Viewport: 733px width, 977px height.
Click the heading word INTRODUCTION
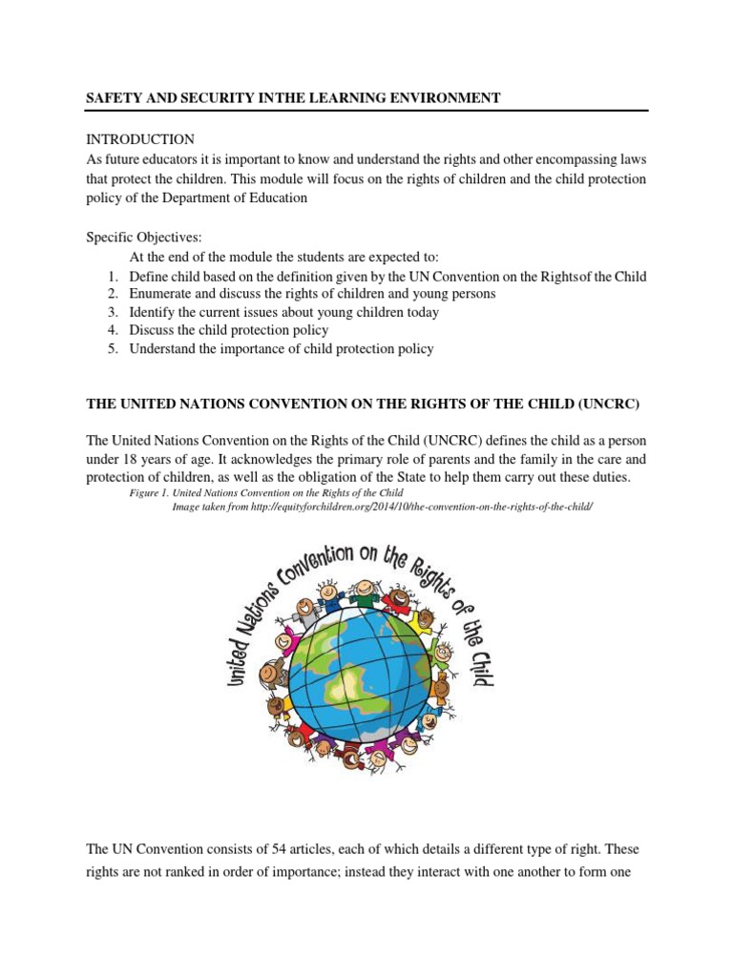[140, 139]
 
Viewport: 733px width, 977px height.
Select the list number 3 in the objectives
[112, 312]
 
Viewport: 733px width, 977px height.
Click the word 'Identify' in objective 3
[155, 312]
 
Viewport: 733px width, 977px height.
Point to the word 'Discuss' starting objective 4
[153, 330]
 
